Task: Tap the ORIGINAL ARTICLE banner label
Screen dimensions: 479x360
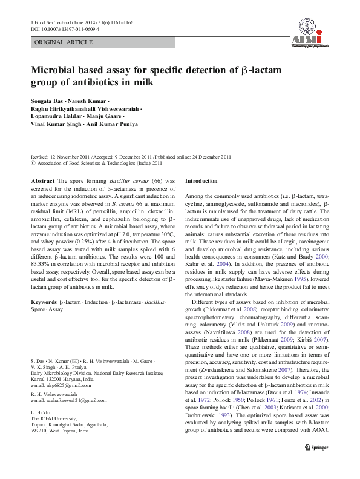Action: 64,42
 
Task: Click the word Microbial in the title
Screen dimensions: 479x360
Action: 56,70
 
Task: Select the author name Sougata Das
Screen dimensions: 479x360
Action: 48,99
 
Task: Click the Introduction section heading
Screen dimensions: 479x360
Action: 201,181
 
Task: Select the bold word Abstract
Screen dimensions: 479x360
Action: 43,181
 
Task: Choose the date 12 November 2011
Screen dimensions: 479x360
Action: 70,156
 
